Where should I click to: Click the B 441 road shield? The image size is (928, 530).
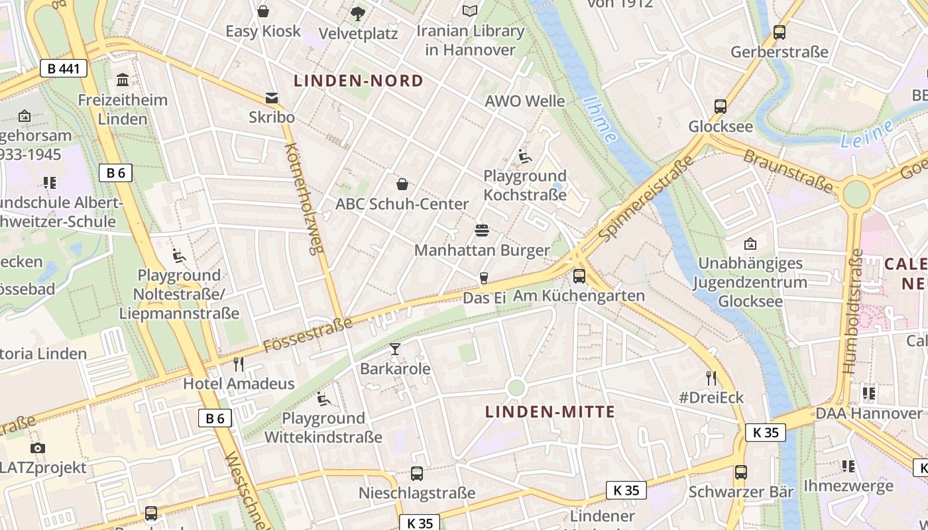tap(64, 68)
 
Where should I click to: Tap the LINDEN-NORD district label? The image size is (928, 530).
tap(358, 81)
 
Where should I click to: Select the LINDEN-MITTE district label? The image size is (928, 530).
tap(550, 412)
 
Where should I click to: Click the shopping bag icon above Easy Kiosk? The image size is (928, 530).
tap(263, 11)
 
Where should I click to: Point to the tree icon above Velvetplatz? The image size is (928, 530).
tap(357, 13)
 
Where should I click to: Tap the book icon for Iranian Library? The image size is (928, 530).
tap(470, 11)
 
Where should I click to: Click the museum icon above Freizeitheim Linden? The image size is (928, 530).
tap(123, 80)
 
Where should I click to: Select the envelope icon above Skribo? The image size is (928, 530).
tap(272, 98)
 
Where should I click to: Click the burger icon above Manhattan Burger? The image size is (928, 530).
tap(482, 231)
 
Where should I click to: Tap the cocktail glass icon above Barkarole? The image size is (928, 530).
tap(395, 349)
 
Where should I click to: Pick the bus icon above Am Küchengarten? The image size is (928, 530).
tap(579, 276)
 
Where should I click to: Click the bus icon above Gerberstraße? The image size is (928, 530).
tap(780, 32)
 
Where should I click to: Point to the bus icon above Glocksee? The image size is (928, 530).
tap(721, 106)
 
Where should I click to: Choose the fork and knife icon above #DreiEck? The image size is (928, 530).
tap(711, 378)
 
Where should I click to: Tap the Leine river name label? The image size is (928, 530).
tap(867, 134)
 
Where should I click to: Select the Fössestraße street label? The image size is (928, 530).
tap(308, 335)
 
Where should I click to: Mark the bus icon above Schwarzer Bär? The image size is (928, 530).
tap(741, 472)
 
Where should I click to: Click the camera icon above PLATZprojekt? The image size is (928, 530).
tap(38, 448)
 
